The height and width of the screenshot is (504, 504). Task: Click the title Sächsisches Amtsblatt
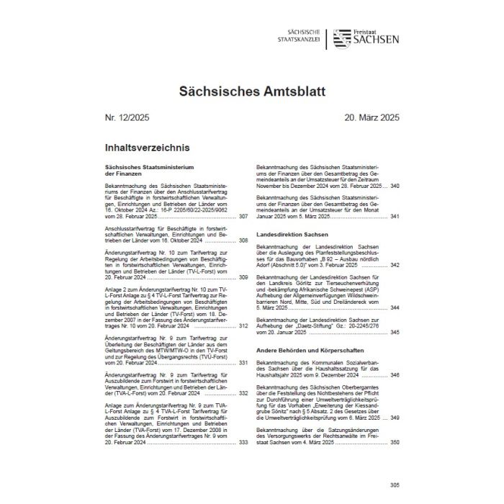point(252,91)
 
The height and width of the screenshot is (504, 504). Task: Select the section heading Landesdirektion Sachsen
point(292,235)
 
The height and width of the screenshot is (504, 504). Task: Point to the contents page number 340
point(395,186)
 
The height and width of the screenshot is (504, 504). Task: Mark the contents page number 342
point(395,265)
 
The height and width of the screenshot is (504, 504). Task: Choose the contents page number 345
point(395,332)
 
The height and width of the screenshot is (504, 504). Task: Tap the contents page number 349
point(395,418)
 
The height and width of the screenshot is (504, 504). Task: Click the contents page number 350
point(395,441)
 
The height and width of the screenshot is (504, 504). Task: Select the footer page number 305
point(394,484)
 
